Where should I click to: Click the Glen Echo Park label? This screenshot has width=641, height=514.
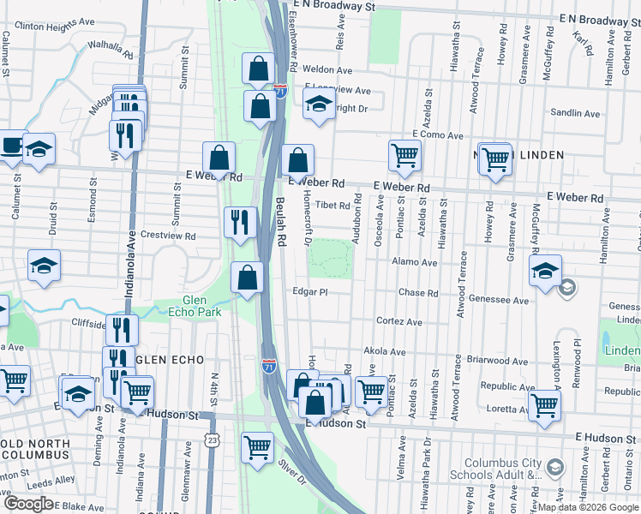201,306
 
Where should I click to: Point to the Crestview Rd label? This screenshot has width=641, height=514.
168,236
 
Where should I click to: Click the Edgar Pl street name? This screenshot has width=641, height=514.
310,292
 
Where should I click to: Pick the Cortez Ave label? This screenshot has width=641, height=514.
399,322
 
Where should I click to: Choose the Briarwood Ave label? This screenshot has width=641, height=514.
485,361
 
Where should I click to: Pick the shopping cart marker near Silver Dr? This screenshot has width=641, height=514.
257,446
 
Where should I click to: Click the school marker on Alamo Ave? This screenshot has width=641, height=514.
545,271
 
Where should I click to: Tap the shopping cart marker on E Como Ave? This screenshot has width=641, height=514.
404,155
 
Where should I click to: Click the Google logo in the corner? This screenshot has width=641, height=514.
28,504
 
